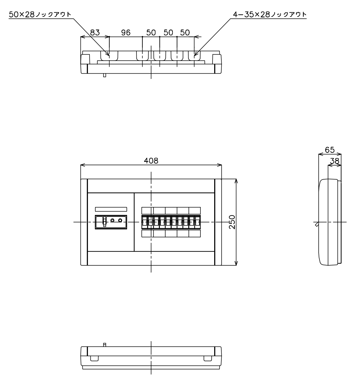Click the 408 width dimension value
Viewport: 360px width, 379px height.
[x=151, y=161]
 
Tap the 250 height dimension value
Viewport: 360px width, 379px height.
[x=232, y=222]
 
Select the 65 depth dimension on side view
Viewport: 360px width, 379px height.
[x=330, y=150]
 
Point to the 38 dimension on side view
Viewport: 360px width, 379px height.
[x=335, y=161]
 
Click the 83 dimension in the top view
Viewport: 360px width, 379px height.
[x=95, y=33]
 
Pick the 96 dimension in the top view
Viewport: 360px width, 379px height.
[x=126, y=33]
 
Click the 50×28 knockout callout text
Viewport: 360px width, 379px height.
[x=40, y=14]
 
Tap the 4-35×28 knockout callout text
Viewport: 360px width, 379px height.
[x=270, y=14]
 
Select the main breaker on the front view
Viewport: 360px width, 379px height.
[x=111, y=222]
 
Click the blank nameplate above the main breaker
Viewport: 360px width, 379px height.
[x=111, y=209]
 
